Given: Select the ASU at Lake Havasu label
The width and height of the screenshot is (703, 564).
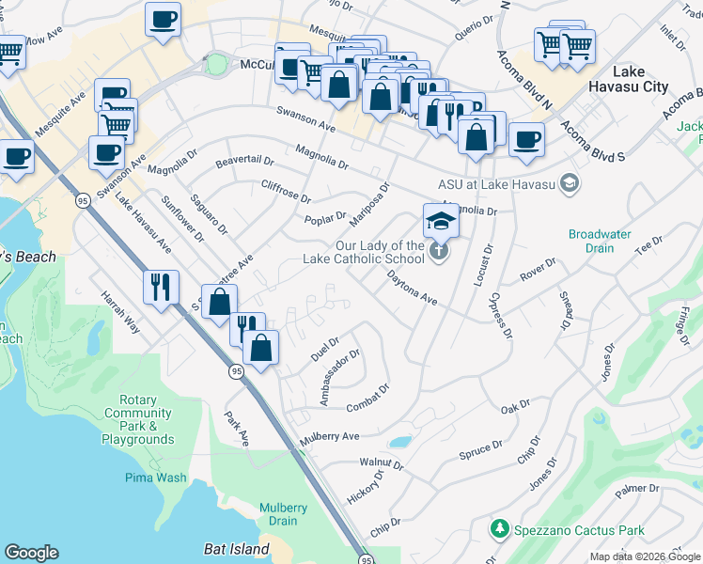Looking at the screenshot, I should point(497,183).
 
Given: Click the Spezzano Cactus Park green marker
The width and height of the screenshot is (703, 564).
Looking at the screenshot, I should point(500,529).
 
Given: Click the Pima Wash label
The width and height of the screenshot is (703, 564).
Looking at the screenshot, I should point(155,477).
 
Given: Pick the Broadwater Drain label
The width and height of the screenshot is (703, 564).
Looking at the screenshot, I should point(591,241).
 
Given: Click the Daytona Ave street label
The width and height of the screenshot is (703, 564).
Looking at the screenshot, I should point(413,288).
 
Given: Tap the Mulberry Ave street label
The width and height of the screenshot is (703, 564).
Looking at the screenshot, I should point(330,438).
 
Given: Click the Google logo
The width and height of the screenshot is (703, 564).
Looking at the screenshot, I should point(31,553).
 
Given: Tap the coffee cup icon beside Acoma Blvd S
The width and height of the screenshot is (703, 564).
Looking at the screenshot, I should point(526,140).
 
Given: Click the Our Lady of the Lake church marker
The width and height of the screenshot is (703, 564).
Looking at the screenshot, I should point(439,251).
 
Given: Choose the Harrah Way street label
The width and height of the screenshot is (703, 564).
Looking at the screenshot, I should point(120,317).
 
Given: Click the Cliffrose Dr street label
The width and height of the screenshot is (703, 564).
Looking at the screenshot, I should point(286,191).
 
